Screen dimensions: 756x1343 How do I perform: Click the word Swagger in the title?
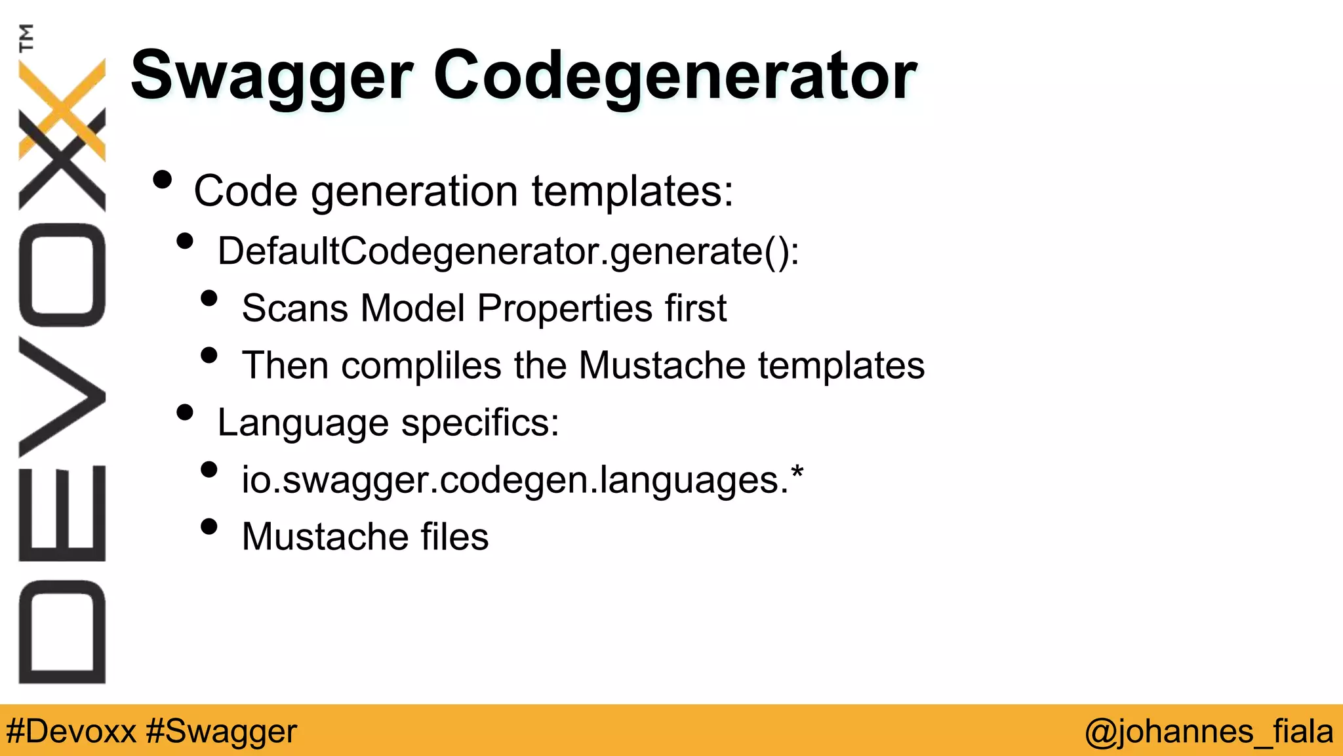pyautogui.click(x=271, y=77)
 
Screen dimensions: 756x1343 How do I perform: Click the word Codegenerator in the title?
pyautogui.click(x=675, y=77)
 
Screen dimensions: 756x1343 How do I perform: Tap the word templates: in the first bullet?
pyautogui.click(x=632, y=191)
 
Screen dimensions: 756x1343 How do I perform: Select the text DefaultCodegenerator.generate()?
pyautogui.click(x=508, y=251)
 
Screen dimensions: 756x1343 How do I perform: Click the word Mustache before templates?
pyautogui.click(x=662, y=365)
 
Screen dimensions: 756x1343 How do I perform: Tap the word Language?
pyautogui.click(x=303, y=423)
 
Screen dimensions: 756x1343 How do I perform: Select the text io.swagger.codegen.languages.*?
pyautogui.click(x=522, y=480)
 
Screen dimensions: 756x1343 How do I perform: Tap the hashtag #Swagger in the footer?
pyautogui.click(x=222, y=731)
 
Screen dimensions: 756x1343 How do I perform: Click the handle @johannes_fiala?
pyautogui.click(x=1209, y=731)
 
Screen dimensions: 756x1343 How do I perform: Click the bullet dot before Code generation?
pyautogui.click(x=162, y=180)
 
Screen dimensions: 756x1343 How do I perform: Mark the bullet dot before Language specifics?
pyautogui.click(x=186, y=413)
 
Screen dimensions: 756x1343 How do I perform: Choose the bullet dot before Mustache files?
pyautogui.click(x=209, y=527)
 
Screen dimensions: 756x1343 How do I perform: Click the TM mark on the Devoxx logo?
pyautogui.click(x=27, y=37)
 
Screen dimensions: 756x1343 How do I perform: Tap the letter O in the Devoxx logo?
pyautogui.click(x=62, y=275)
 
